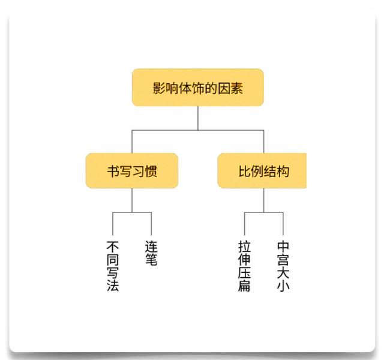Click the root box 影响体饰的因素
[x=198, y=88]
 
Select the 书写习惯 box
[x=132, y=170]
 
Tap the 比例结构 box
[x=262, y=170]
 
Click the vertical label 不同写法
[x=113, y=266]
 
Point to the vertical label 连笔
[x=151, y=253]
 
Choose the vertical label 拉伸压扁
[x=244, y=266]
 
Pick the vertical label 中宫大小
[x=283, y=266]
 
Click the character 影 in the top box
[x=159, y=88]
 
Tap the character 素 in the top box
[x=236, y=88]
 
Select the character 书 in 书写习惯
[x=113, y=171]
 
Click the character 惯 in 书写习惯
[x=151, y=171]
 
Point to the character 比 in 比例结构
[x=245, y=171]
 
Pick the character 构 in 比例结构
[x=283, y=171]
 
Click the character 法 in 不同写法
[x=113, y=286]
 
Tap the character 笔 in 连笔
[x=151, y=260]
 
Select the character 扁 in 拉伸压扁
[x=244, y=286]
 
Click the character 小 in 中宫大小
[x=283, y=286]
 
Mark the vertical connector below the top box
[x=198, y=118]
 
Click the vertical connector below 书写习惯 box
[x=132, y=200]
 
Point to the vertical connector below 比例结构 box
[x=264, y=200]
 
